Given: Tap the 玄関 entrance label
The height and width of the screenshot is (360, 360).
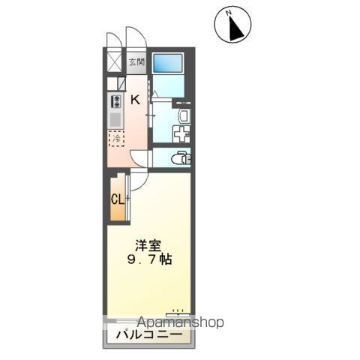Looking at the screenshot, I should [x=136, y=63].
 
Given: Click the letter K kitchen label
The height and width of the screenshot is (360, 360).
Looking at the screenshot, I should [x=136, y=100].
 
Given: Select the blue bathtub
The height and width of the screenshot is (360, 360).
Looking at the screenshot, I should [x=168, y=64].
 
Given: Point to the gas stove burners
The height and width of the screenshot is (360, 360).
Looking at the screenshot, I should [x=116, y=102].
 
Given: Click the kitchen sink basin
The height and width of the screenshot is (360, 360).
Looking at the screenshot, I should [x=115, y=119].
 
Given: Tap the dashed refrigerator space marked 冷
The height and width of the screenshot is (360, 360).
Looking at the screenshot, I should [x=116, y=139].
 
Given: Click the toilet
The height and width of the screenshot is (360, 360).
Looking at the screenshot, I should [x=180, y=158].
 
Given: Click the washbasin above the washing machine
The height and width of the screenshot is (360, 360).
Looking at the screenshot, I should [x=184, y=115].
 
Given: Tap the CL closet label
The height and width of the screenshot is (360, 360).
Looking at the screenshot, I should [x=117, y=199].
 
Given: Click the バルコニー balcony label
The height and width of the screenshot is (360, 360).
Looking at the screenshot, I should [x=147, y=334].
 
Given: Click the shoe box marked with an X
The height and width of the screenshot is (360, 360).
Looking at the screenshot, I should [x=115, y=63].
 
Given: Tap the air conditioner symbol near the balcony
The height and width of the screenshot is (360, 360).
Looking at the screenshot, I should [x=177, y=310].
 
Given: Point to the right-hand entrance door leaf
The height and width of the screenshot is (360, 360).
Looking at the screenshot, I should [x=135, y=37].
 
